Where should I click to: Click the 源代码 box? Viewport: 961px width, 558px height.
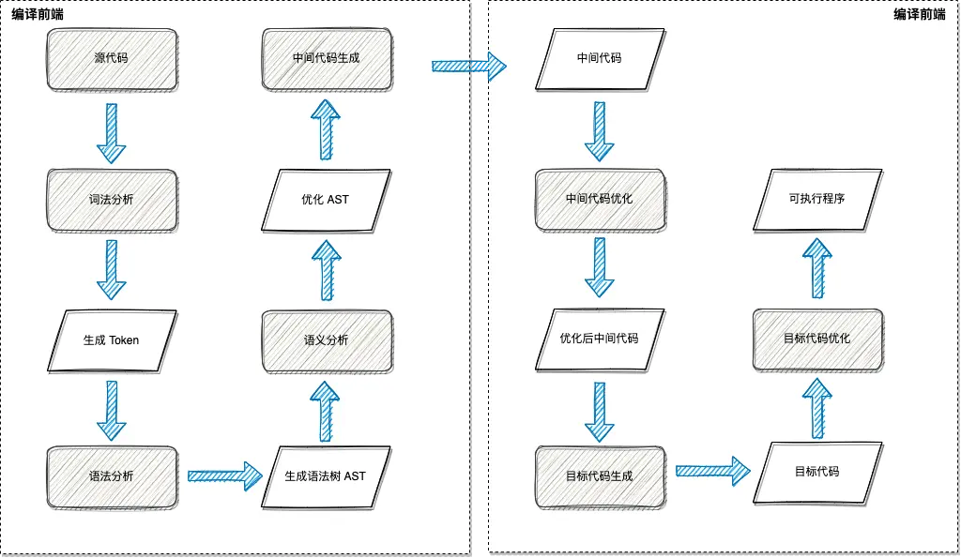pyautogui.click(x=112, y=58)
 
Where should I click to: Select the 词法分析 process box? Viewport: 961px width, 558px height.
pyautogui.click(x=112, y=200)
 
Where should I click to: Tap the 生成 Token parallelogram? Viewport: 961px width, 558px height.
pyautogui.click(x=112, y=339)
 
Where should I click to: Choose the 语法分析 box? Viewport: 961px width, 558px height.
pyautogui.click(x=112, y=476)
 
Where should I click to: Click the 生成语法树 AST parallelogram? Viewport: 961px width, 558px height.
pyautogui.click(x=326, y=476)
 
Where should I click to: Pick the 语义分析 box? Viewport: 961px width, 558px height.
pyautogui.click(x=326, y=339)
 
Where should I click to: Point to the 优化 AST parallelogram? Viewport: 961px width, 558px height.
pyautogui.click(x=326, y=200)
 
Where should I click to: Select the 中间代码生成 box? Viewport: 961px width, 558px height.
pyautogui.click(x=326, y=58)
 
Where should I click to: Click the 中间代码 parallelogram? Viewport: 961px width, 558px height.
pyautogui.click(x=599, y=58)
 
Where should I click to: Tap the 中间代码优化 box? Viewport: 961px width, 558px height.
pyautogui.click(x=599, y=199)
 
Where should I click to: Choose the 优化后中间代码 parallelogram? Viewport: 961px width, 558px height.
pyautogui.click(x=599, y=338)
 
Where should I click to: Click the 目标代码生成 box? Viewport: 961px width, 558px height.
pyautogui.click(x=599, y=476)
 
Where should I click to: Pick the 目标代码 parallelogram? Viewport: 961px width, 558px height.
pyautogui.click(x=817, y=472)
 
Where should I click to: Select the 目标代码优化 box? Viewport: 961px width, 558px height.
pyautogui.click(x=817, y=338)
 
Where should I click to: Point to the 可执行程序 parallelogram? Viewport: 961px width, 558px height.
pyautogui.click(x=817, y=199)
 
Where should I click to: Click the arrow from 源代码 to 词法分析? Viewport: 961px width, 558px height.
pyautogui.click(x=112, y=132)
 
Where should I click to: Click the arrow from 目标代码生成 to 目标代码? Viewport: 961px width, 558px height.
pyautogui.click(x=712, y=471)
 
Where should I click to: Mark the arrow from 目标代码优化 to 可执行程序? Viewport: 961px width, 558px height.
pyautogui.click(x=817, y=267)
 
